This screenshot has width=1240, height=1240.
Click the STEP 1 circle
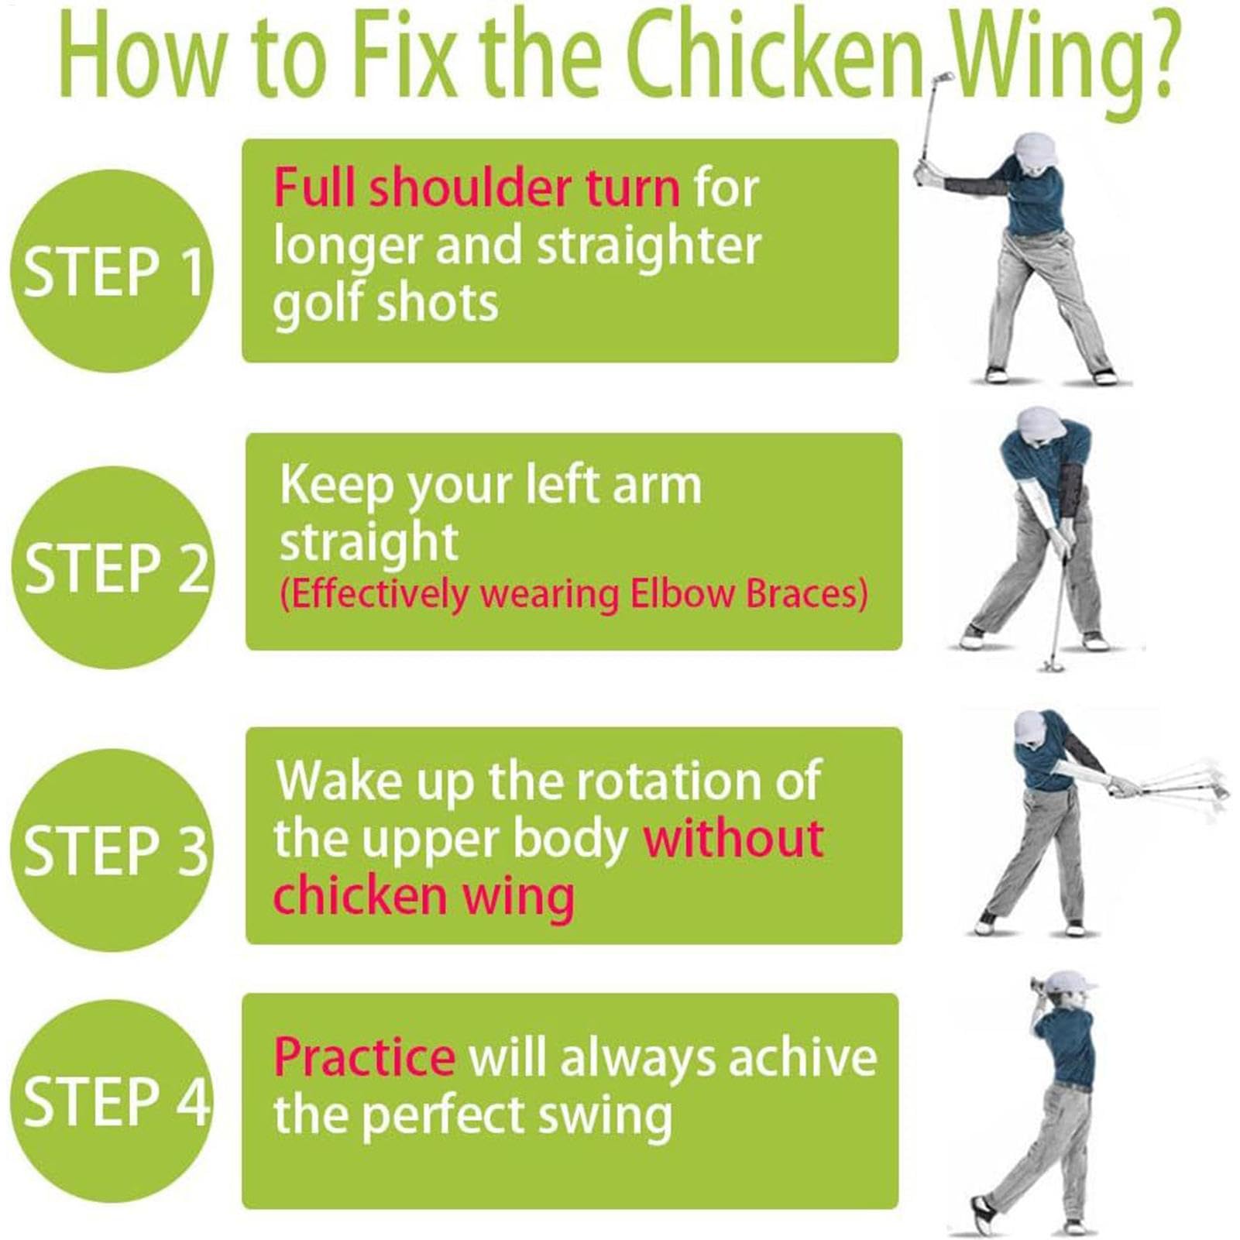point(112,270)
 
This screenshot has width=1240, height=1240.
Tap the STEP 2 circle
point(113,567)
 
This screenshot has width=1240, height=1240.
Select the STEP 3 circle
point(113,850)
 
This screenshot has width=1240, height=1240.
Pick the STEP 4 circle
point(113,1101)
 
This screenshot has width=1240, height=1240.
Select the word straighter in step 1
point(649,246)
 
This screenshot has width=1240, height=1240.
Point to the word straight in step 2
point(369,542)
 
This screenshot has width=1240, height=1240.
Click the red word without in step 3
point(733,838)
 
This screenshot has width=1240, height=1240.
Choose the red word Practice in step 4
point(364,1056)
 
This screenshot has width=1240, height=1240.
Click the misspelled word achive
point(802,1056)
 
